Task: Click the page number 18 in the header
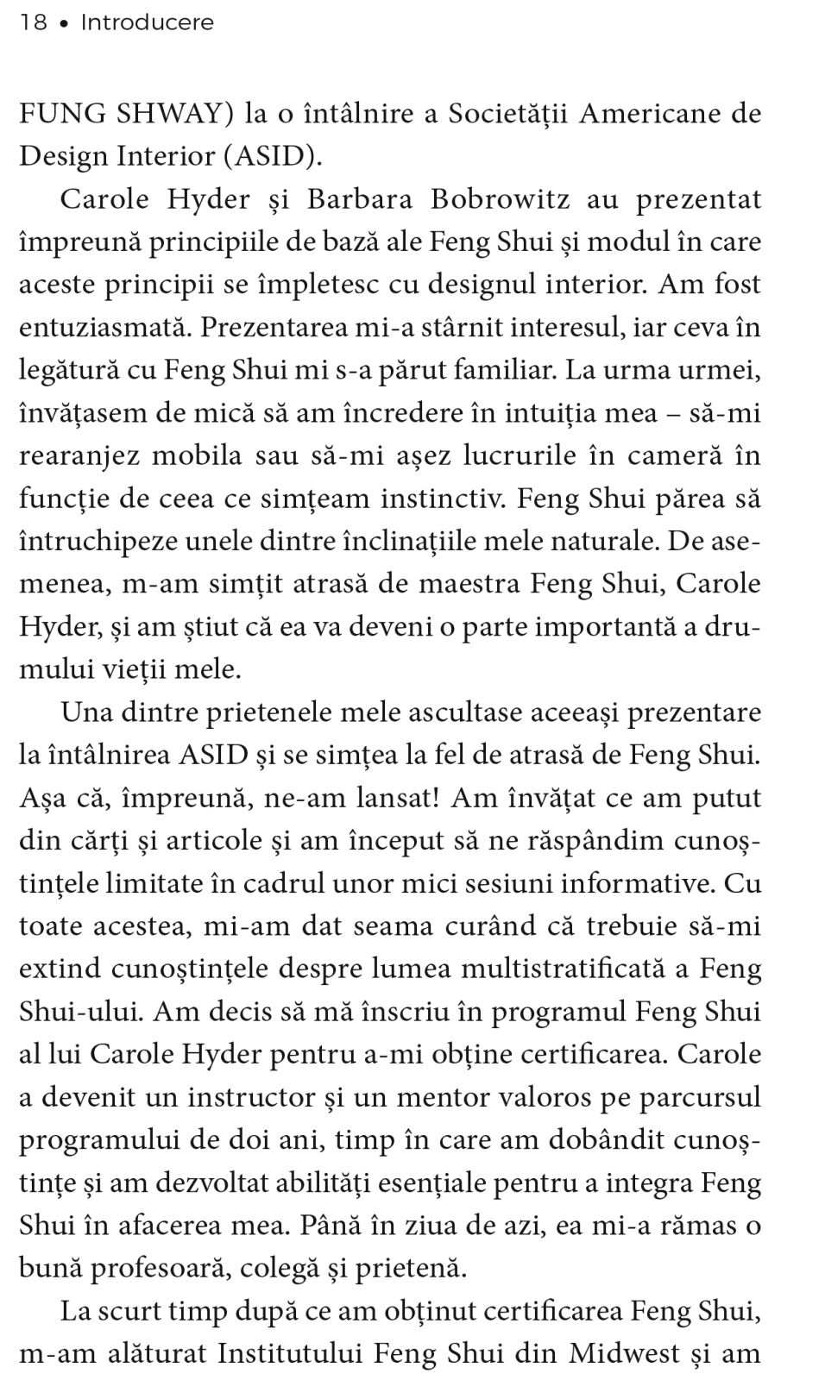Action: tap(34, 22)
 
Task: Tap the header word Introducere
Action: tap(147, 22)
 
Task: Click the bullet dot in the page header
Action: tap(63, 23)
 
